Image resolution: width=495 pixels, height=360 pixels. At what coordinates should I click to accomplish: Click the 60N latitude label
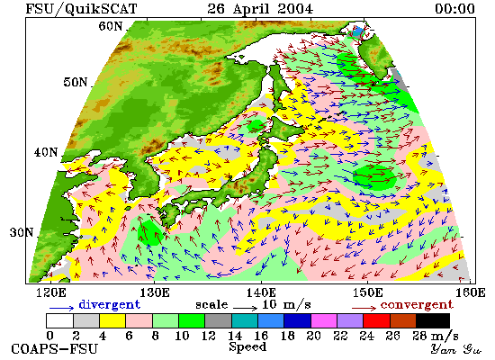pyautogui.click(x=111, y=26)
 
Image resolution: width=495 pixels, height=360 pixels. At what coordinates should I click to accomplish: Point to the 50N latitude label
pyautogui.click(x=76, y=82)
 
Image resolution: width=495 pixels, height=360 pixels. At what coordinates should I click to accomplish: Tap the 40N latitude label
pyautogui.click(x=46, y=152)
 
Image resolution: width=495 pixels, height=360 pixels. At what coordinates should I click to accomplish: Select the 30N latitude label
pyautogui.click(x=22, y=232)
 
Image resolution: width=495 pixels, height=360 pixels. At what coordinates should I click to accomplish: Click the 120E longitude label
pyautogui.click(x=51, y=292)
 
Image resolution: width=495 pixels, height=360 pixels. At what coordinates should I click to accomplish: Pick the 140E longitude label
pyautogui.click(x=261, y=292)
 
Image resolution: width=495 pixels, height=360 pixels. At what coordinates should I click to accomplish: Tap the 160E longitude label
pyautogui.click(x=471, y=292)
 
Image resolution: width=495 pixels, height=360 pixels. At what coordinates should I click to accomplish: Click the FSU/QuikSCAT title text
pyautogui.click(x=81, y=8)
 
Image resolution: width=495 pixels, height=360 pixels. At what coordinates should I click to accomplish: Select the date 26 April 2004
pyautogui.click(x=260, y=8)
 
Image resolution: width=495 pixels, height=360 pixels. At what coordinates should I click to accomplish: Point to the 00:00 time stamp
pyautogui.click(x=454, y=8)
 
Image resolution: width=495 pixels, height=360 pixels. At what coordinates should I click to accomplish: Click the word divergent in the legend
pyautogui.click(x=109, y=304)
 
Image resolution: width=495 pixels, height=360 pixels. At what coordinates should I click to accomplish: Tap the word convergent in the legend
pyautogui.click(x=417, y=305)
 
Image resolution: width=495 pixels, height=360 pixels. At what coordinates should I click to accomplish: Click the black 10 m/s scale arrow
pyautogui.click(x=246, y=307)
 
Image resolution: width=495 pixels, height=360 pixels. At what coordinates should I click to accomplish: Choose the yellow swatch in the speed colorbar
pyautogui.click(x=112, y=320)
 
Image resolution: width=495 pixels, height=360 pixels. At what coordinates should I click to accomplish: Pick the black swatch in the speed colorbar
pyautogui.click(x=433, y=320)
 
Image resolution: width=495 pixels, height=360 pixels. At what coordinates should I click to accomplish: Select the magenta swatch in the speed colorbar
pyautogui.click(x=324, y=320)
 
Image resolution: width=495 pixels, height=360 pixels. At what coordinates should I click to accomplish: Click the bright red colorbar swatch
pyautogui.click(x=376, y=320)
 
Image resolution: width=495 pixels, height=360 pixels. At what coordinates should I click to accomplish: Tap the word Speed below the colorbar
pyautogui.click(x=247, y=346)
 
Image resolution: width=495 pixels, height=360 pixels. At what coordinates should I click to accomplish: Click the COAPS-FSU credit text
pyautogui.click(x=54, y=349)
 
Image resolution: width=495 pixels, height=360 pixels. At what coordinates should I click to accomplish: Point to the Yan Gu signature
pyautogui.click(x=455, y=349)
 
